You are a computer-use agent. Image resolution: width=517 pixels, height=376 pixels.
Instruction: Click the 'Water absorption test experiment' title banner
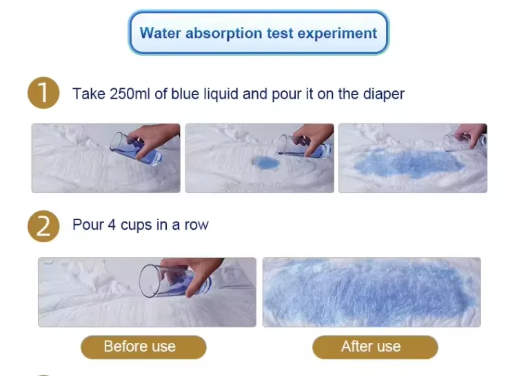(258, 32)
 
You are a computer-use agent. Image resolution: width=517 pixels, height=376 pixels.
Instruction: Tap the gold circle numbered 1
(43, 93)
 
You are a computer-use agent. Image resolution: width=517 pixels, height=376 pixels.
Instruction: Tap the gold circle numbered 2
(43, 226)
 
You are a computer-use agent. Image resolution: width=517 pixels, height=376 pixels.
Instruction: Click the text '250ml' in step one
(130, 94)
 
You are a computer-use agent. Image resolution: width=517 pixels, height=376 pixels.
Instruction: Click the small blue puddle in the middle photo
(263, 161)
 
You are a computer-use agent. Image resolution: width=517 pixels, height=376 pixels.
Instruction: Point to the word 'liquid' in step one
(216, 94)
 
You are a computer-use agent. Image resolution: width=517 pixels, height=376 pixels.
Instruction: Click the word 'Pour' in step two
(88, 225)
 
